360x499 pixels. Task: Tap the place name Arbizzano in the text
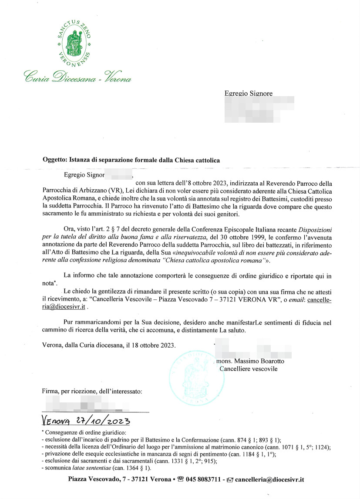click(94, 192)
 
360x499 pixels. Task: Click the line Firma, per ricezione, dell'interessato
click(92, 392)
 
